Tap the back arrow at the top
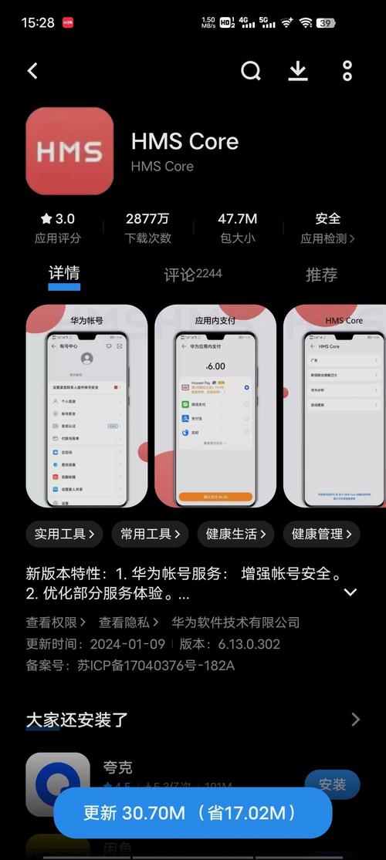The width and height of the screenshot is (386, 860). [x=32, y=71]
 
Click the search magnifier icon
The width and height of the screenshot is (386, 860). [x=251, y=71]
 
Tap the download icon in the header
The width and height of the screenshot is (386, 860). [x=298, y=71]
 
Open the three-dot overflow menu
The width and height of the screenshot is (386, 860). [x=347, y=71]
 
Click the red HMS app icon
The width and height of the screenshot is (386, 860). [x=69, y=151]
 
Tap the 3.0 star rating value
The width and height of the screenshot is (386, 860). [x=58, y=219]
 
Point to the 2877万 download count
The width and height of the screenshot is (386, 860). [x=147, y=219]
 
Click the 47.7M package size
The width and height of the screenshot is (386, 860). [x=237, y=219]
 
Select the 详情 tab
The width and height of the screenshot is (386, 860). [x=64, y=274]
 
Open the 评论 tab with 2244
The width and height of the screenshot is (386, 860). [x=192, y=275]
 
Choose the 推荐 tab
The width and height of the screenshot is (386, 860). [x=321, y=275]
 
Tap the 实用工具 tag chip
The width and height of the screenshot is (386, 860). [x=65, y=533]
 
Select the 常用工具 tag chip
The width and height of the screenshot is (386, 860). [x=150, y=533]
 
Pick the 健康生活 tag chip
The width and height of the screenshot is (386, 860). [x=235, y=533]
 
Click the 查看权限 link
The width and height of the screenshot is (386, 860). [x=56, y=622]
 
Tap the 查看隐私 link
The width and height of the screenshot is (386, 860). [x=128, y=622]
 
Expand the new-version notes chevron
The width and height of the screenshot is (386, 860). [x=350, y=592]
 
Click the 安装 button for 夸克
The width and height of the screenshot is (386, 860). [x=332, y=784]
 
